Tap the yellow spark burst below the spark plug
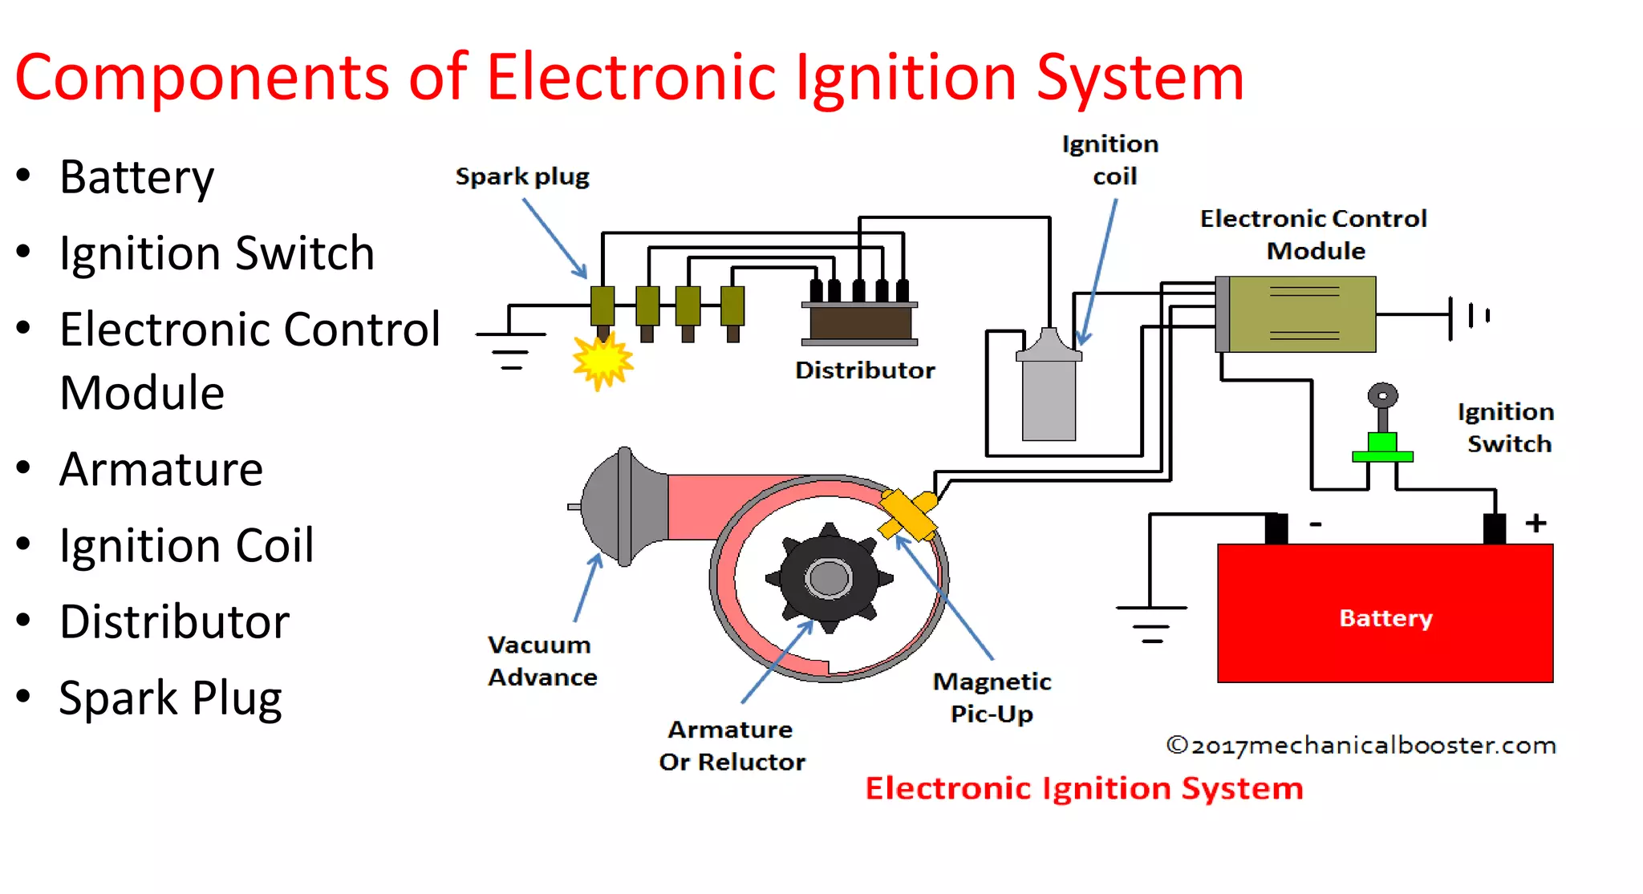coord(602,361)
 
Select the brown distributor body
coord(860,323)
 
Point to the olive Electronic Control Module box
coord(1303,314)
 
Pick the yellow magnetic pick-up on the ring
coord(908,513)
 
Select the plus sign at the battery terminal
coord(1536,523)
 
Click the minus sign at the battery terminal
coord(1316,524)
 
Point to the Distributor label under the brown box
coord(865,370)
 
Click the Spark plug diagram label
coord(522,176)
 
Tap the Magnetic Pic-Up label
coord(992,697)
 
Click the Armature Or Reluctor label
coord(732,745)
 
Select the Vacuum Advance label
coord(542,661)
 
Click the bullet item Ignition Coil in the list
coord(186,545)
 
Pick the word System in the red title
coord(1139,78)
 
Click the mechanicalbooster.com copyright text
coord(1361,746)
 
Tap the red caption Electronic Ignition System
coord(1084,788)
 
